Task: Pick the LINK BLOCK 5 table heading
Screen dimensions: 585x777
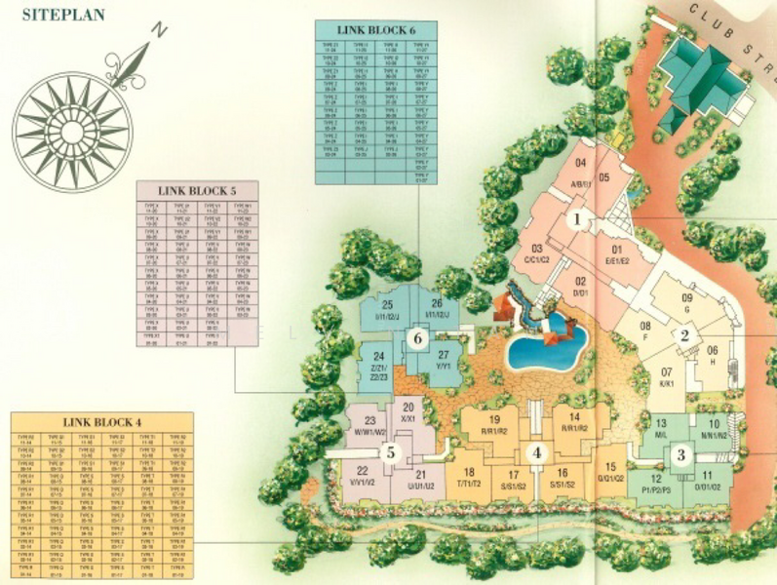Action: click(199, 189)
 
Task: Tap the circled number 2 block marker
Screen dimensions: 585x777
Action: click(684, 335)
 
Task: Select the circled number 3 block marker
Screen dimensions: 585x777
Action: click(681, 454)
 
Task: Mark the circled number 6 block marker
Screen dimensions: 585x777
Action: click(417, 338)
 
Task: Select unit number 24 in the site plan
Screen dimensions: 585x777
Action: click(379, 357)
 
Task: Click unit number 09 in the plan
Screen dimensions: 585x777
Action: click(686, 297)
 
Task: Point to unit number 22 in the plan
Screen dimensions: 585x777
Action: click(362, 471)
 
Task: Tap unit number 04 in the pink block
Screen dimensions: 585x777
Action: click(581, 163)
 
